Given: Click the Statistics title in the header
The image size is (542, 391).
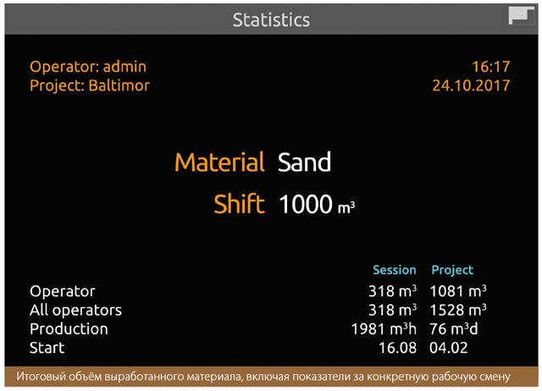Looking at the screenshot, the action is (x=271, y=19).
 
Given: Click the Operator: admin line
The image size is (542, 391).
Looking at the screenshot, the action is (x=88, y=66).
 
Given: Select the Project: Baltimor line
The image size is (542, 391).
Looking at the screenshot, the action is (x=90, y=85).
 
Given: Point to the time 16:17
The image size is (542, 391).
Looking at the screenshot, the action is (x=491, y=67).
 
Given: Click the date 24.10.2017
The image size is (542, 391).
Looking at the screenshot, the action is (x=471, y=85).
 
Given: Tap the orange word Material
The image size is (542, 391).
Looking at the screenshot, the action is (x=219, y=162).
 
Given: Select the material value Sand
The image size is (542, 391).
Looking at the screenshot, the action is (x=304, y=162).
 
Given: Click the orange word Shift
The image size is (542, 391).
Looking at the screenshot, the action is (x=239, y=203).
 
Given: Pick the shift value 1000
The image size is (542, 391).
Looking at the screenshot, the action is (x=306, y=204).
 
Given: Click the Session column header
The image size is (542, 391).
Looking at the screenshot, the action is (x=395, y=270).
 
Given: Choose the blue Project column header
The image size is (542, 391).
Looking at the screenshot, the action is (x=452, y=270).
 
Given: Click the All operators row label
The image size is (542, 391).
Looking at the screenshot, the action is (x=75, y=310).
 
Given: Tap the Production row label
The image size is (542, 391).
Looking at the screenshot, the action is (x=69, y=328).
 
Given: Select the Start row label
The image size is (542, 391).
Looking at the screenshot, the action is (x=47, y=348).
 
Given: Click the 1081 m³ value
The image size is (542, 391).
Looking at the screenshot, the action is (x=458, y=291).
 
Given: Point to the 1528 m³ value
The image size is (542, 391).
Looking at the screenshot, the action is (x=458, y=310).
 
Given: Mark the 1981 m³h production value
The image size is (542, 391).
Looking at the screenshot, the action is (x=384, y=329).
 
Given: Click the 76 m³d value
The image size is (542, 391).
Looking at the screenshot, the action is (x=454, y=329).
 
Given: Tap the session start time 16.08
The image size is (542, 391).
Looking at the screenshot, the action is (x=397, y=348).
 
